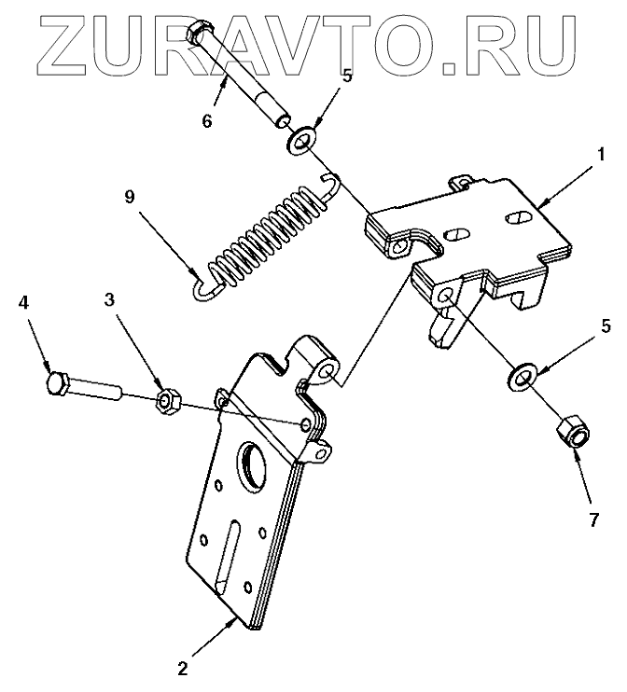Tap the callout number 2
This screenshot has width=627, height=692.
point(184,668)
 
